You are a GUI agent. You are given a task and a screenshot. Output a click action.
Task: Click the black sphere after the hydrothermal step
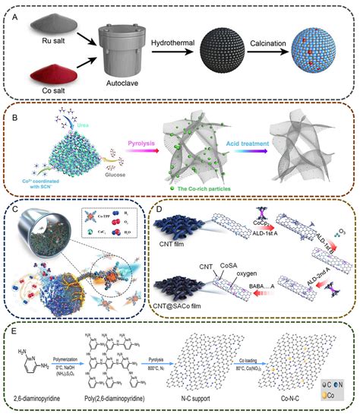click(x=239, y=55)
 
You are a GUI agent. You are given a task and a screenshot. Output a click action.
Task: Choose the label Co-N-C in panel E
click(x=293, y=397)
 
